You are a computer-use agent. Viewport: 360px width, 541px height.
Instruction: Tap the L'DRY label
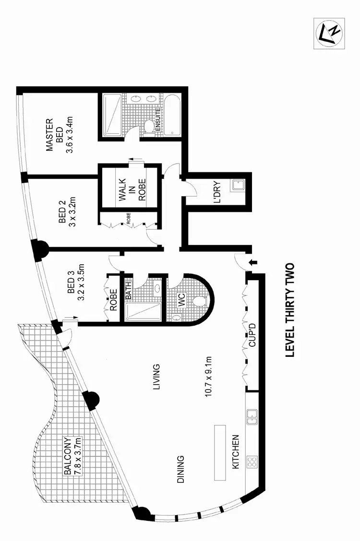click(216, 192)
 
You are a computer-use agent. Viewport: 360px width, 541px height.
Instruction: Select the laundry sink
click(237, 185)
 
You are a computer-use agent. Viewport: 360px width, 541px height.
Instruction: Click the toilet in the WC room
click(200, 301)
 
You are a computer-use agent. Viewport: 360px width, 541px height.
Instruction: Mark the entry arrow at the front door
click(254, 262)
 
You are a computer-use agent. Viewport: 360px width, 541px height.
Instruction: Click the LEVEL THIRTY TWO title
click(289, 311)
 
